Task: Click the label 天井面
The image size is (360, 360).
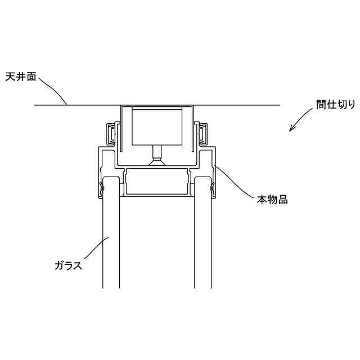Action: pos(21,77)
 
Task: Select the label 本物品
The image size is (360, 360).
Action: pos(273,199)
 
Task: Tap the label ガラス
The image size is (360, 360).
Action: pos(68,265)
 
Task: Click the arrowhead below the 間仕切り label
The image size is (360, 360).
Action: pos(291,129)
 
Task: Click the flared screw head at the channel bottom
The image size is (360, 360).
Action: pos(157,163)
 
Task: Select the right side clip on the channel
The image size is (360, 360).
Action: pos(202,134)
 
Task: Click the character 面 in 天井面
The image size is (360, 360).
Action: pos(32,77)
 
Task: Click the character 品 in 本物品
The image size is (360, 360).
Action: pos(283,199)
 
